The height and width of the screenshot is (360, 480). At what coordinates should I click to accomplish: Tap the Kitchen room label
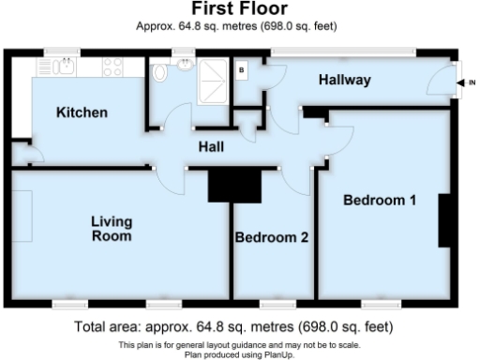[x=82, y=113]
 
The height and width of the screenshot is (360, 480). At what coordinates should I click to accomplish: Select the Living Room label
[x=112, y=229]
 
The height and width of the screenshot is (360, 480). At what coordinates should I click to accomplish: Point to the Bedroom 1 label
[x=379, y=200]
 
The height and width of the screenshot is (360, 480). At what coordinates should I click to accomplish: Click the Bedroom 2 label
[x=271, y=237]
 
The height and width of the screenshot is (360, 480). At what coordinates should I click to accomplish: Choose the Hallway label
[x=344, y=81]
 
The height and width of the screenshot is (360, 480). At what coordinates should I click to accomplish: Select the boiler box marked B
[x=242, y=69]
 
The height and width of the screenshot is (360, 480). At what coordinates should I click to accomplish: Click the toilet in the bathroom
[x=160, y=70]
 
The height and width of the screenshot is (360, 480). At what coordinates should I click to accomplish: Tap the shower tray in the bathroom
[x=211, y=74]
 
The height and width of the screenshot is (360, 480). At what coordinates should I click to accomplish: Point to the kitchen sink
[x=66, y=66]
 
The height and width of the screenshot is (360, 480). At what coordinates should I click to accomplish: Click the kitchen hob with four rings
[x=113, y=67]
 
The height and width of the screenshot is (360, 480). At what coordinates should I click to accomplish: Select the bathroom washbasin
[x=186, y=65]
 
